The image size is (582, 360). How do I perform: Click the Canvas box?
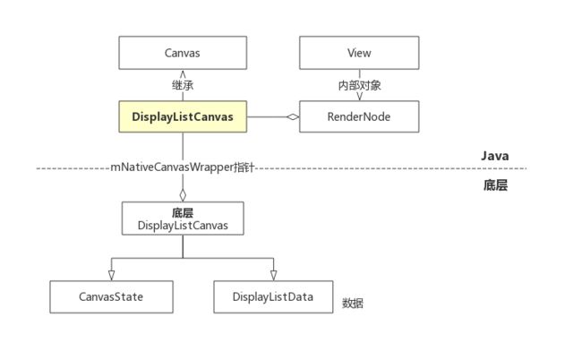(x=183, y=53)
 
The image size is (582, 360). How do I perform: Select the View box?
(x=359, y=53)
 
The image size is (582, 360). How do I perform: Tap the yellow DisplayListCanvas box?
(x=183, y=116)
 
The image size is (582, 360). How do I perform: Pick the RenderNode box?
(x=359, y=116)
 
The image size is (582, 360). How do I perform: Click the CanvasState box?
(x=111, y=297)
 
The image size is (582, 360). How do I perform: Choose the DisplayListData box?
(x=273, y=297)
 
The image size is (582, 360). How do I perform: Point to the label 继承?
(x=183, y=85)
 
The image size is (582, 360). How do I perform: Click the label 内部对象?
(x=359, y=85)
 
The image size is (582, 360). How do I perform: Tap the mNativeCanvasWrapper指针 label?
(x=183, y=167)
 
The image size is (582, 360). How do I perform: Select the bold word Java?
(x=495, y=156)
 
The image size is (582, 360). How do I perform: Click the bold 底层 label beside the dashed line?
(x=495, y=184)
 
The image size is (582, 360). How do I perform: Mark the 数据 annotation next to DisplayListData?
(x=353, y=304)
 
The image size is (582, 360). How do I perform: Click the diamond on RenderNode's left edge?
(x=293, y=117)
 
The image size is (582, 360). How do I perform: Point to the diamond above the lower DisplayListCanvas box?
(x=183, y=195)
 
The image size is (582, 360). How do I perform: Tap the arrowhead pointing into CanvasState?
(x=111, y=276)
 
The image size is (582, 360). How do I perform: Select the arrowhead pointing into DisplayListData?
(x=274, y=276)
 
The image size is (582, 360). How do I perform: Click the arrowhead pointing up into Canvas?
(x=183, y=74)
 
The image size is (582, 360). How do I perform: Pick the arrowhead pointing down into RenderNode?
(x=359, y=97)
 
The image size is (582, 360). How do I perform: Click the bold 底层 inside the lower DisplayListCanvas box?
(x=183, y=213)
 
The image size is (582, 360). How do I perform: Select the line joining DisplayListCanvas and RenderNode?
(x=267, y=117)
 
